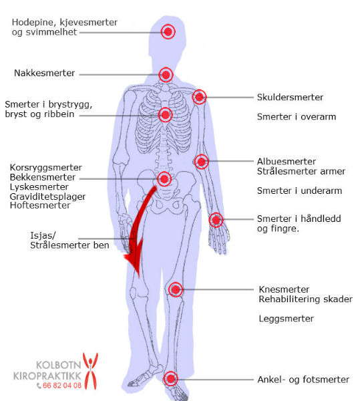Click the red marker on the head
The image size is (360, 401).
tap(168, 31)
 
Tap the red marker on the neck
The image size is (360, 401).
tap(166, 75)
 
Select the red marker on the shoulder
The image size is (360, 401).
tap(199, 97)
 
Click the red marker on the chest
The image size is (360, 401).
tap(166, 115)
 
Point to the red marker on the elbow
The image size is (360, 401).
tap(201, 162)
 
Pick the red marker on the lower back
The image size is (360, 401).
tap(164, 178)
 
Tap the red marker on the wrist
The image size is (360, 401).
tap(216, 220)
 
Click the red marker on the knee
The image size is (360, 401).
tap(176, 289)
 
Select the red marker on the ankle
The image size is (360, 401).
tap(171, 379)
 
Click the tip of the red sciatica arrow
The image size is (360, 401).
tap(139, 277)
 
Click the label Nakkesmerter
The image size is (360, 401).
tap(45, 73)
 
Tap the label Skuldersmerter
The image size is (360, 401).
tap(290, 97)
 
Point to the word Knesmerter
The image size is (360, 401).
tap(284, 289)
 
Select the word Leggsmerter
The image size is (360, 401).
tap(286, 319)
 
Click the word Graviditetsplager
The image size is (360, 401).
tap(47, 196)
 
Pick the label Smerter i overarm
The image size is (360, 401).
tap(297, 116)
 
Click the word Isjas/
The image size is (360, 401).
tap(43, 235)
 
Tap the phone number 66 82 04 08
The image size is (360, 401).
tap(62, 386)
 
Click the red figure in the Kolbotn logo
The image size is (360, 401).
tap(90, 371)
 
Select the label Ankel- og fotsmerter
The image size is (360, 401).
tap(303, 380)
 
